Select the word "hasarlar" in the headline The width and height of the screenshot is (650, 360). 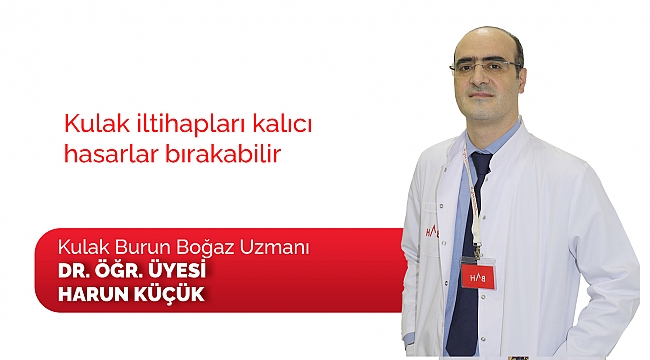[x=106, y=157]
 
